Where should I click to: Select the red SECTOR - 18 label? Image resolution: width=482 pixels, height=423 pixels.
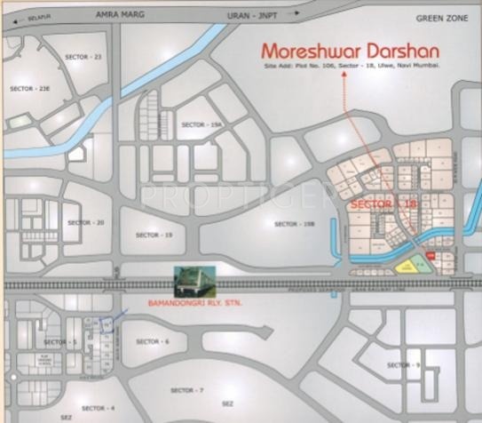383,205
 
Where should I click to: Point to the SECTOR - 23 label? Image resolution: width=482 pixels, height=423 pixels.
83,57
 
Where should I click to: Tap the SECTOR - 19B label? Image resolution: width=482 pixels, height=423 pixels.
295,224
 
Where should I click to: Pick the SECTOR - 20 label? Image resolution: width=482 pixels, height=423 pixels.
86,222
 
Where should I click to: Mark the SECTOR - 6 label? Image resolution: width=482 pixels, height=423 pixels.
154,341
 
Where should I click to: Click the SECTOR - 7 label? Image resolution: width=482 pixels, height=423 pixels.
187,390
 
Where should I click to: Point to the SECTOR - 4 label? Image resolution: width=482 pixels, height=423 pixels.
99,408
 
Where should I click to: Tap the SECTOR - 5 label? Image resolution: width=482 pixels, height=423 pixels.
61,341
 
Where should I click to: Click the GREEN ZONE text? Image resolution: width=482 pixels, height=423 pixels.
440,18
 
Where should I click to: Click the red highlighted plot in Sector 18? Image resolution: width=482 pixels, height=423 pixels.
430,256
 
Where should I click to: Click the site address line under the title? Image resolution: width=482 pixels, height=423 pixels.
352,68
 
